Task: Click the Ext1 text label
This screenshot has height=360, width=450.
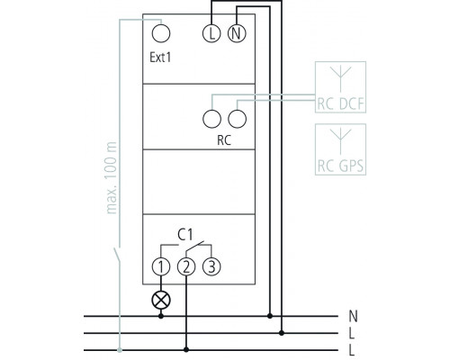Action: [160, 57]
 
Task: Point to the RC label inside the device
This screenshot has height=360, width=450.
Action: [224, 140]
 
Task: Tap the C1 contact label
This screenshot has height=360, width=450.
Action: [185, 235]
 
